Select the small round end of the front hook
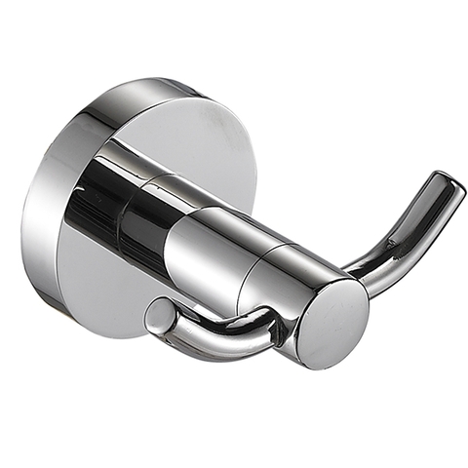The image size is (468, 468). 156,317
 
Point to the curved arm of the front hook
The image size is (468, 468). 210,336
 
